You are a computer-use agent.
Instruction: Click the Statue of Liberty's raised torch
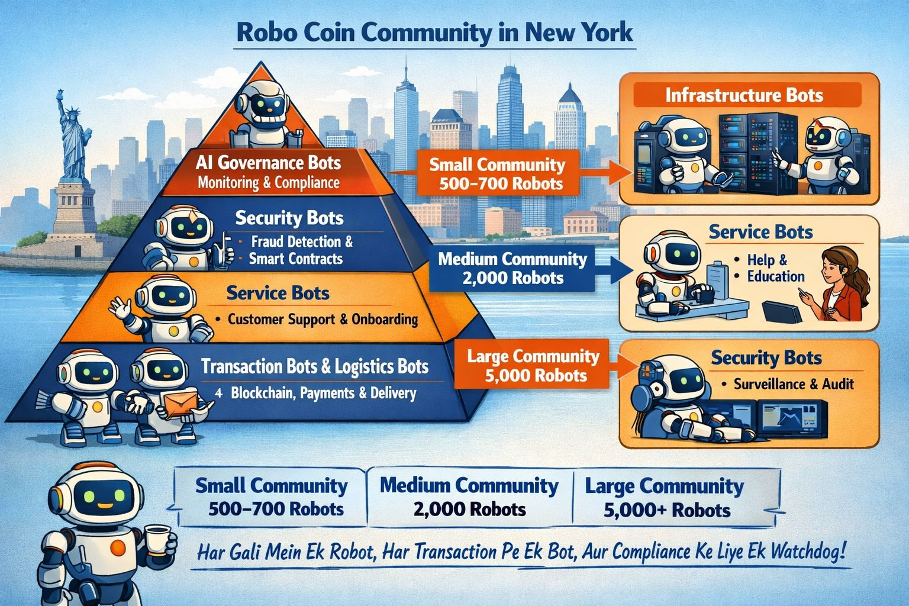(x=60, y=95)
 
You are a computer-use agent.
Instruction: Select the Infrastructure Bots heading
(x=744, y=95)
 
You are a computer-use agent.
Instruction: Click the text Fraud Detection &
(x=302, y=242)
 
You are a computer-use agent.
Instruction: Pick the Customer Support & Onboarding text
(x=323, y=320)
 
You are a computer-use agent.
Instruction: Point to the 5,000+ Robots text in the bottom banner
(x=667, y=510)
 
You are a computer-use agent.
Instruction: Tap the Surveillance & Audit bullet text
(x=793, y=384)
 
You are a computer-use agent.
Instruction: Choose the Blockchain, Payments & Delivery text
(x=323, y=393)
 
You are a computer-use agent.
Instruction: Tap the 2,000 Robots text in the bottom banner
(x=470, y=510)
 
